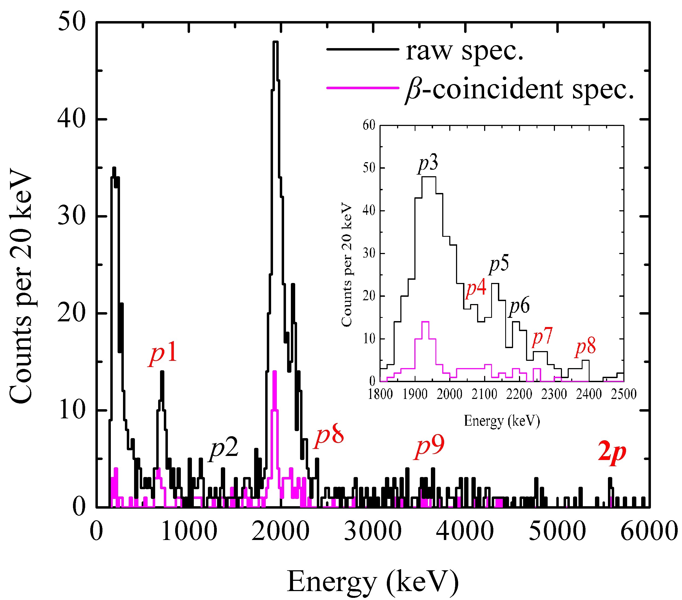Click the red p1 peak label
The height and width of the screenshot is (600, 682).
(163, 354)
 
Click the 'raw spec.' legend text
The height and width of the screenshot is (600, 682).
(464, 51)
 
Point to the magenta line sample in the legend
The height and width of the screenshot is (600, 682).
(362, 88)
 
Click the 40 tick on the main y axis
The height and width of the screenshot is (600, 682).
(71, 119)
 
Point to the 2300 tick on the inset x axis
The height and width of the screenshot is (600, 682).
(554, 395)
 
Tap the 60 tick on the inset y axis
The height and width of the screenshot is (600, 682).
(369, 125)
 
